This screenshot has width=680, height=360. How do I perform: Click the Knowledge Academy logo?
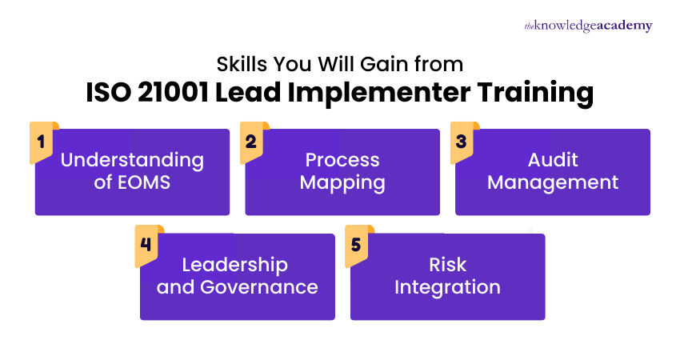coord(588,26)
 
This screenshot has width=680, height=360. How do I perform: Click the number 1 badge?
coord(40,142)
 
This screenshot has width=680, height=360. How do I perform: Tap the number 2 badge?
coord(250,142)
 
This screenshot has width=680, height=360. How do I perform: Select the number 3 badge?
coord(461,142)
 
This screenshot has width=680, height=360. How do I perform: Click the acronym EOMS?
coord(144,182)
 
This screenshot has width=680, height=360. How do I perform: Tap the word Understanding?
coord(132,160)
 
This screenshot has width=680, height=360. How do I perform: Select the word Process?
coord(342,160)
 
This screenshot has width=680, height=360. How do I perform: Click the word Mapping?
coord(342,182)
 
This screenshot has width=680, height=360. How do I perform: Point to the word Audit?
coord(553,160)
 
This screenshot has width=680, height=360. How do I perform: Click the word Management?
coord(553,182)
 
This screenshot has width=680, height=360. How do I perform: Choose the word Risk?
coord(447,265)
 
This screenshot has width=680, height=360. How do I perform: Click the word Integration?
coord(447,287)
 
